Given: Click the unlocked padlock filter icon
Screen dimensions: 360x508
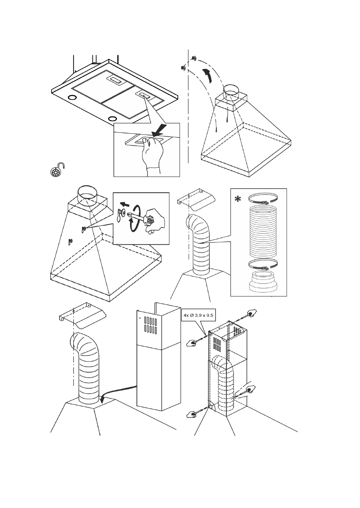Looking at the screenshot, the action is pos(58,170).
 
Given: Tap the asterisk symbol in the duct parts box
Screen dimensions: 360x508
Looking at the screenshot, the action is pos(238,199).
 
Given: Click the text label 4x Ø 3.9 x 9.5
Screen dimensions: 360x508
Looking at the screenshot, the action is pos(198,315).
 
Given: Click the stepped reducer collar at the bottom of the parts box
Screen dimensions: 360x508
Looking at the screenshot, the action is pos(263,281).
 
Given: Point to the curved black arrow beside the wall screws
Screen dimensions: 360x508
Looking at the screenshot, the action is pos(208,76).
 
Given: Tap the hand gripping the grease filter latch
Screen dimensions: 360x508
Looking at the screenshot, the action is pos(152,157).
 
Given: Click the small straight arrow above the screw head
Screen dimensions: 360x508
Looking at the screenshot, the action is pos(125,204).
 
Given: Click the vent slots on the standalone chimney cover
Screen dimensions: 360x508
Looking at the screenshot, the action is pos(150,326).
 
